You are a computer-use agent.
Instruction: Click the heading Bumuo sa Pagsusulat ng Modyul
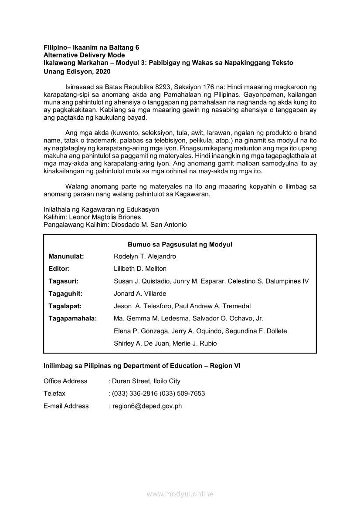(180, 244)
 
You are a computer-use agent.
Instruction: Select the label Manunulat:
(66, 256)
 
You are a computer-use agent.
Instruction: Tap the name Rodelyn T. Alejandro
(145, 256)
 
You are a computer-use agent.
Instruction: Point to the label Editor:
(59, 269)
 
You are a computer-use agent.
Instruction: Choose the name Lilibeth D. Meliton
(140, 269)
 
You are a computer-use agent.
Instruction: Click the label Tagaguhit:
(65, 293)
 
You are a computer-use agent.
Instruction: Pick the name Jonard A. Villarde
(140, 293)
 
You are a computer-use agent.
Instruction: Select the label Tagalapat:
(65, 306)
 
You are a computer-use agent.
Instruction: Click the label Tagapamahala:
(72, 318)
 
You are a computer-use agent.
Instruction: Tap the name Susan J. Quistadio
(141, 281)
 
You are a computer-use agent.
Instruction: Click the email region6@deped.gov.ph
(147, 406)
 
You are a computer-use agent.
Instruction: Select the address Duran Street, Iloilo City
(146, 381)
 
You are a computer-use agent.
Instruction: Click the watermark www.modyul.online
(180, 494)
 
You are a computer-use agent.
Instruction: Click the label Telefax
(54, 393)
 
